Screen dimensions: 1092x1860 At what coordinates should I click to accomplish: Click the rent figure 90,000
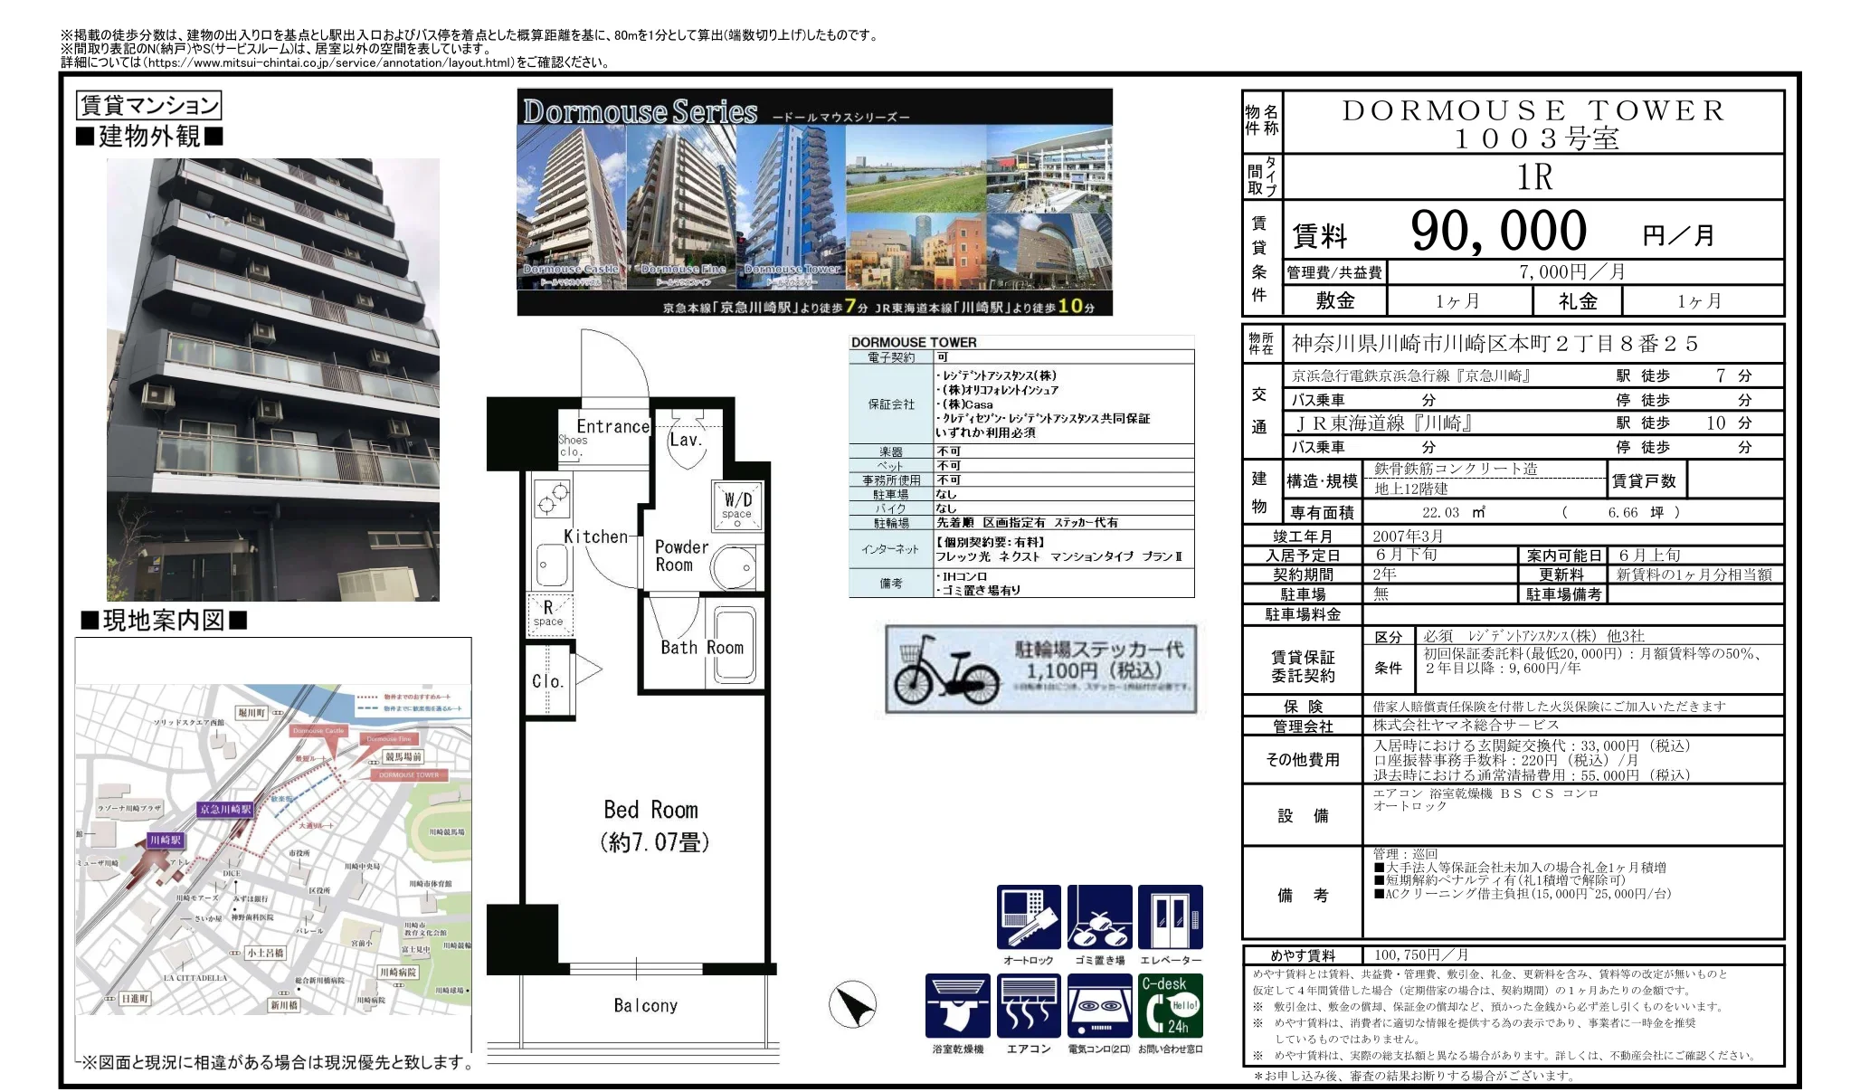point(1498,231)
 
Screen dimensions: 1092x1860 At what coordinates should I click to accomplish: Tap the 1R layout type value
point(1534,177)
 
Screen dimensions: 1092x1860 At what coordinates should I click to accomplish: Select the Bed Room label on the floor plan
point(650,810)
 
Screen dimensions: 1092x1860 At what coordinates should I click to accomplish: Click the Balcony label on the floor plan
point(645,1006)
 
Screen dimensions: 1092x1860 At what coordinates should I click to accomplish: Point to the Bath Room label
point(701,648)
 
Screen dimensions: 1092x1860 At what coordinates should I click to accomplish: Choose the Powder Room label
point(681,555)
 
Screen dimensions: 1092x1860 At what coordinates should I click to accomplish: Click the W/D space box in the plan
point(737,505)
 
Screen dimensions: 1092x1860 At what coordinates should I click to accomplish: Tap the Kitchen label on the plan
point(595,537)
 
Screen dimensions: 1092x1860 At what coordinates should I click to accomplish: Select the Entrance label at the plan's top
point(613,426)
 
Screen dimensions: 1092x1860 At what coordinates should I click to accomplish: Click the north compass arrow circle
point(852,1005)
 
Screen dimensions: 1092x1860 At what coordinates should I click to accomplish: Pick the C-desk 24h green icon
point(1171,1005)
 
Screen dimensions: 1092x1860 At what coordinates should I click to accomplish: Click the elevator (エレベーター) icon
point(1171,917)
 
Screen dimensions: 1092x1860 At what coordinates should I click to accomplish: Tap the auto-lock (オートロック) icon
point(1029,917)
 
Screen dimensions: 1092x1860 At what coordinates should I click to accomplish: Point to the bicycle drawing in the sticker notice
point(945,670)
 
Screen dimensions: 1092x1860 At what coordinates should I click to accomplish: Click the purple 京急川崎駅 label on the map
point(226,809)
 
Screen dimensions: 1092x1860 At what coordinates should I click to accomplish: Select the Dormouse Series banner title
point(640,111)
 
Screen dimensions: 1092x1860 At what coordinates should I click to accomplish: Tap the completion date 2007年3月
point(1408,536)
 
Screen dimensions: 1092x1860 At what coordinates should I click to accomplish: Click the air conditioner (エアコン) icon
point(1029,1005)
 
